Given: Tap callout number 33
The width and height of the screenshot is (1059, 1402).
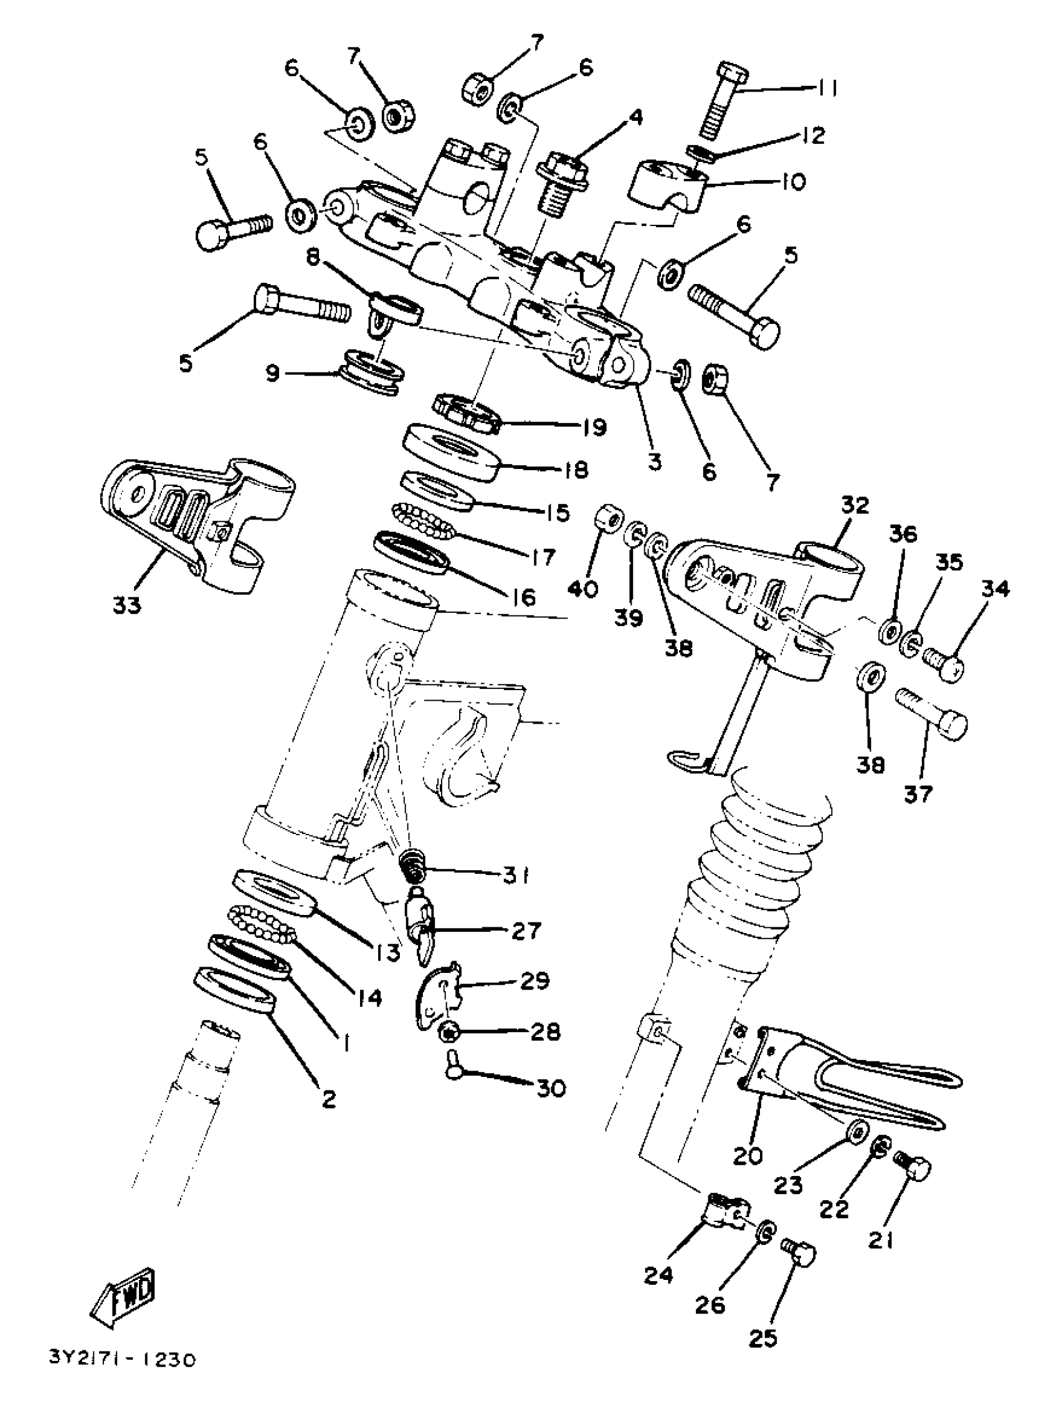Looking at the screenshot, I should point(126,606).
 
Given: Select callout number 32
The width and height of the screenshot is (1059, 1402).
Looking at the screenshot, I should point(855,506).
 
